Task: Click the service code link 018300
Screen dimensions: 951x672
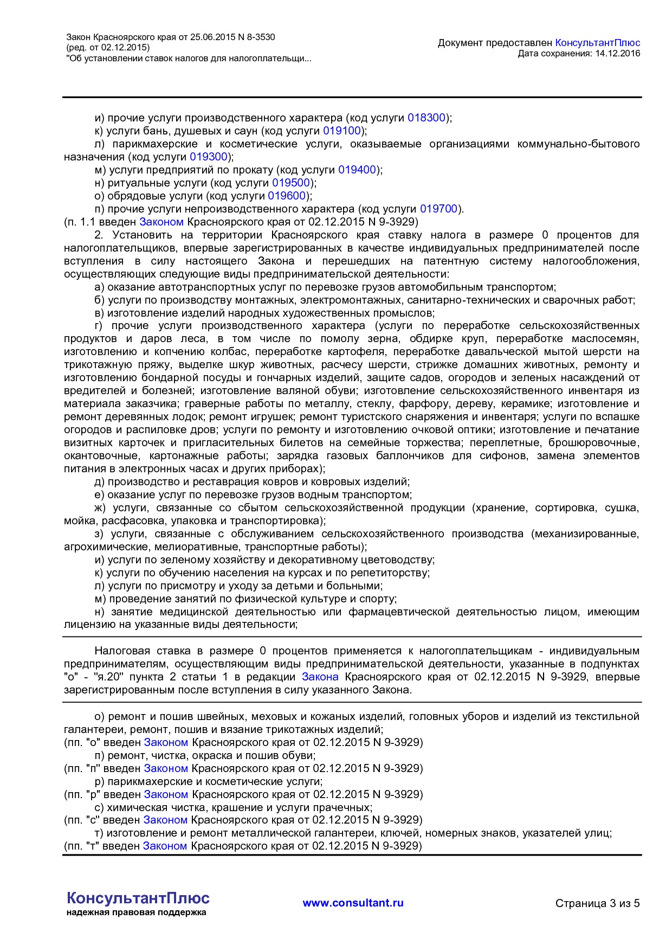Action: [x=426, y=118]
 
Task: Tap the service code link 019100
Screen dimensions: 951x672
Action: [x=341, y=131]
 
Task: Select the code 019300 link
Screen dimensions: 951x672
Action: [x=209, y=157]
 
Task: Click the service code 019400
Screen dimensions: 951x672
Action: [x=357, y=170]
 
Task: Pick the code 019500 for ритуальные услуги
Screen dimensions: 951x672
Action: [x=290, y=183]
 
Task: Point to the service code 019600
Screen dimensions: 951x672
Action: [x=287, y=196]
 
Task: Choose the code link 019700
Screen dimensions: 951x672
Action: [x=439, y=209]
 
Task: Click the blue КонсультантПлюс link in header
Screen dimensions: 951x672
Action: [x=597, y=43]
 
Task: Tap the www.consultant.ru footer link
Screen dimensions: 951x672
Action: [x=353, y=903]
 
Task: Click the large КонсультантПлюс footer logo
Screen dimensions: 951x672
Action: [x=138, y=898]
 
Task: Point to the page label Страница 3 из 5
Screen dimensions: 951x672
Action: [x=597, y=903]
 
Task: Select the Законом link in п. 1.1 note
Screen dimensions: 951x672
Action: [x=161, y=222]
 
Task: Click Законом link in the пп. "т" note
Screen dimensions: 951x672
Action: [x=165, y=846]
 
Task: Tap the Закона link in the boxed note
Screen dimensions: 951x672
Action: [x=320, y=677]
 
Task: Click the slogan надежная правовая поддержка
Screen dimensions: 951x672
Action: [x=136, y=913]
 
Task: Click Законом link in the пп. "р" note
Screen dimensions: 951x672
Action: [x=166, y=794]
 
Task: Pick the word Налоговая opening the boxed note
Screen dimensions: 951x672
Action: [x=121, y=651]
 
